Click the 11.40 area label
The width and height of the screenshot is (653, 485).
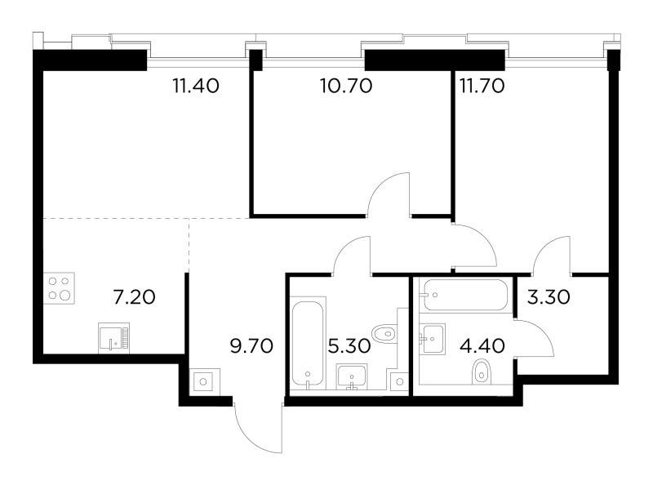point(196,87)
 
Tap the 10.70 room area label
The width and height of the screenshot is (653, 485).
point(346,87)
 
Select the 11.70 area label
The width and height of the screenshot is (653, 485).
point(482,87)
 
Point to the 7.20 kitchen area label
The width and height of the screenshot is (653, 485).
point(134,297)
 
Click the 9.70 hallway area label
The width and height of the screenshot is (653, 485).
point(251,346)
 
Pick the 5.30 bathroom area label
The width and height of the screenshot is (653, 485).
point(349,346)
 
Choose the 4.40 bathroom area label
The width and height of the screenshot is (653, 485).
point(483,346)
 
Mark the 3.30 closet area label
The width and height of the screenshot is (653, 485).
point(549,297)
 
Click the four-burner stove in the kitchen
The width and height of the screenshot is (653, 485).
point(59,288)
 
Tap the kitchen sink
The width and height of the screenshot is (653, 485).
point(113,338)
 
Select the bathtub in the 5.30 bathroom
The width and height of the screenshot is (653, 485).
point(308,343)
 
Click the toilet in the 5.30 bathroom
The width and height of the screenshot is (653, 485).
point(384,334)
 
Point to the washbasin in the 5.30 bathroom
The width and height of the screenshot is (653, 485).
point(352,376)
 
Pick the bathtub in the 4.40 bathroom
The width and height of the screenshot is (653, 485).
point(465,295)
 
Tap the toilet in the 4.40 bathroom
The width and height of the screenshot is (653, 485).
point(482,372)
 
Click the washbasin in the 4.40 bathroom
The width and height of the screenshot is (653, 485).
point(433,339)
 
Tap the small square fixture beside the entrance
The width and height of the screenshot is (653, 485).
point(203,381)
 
